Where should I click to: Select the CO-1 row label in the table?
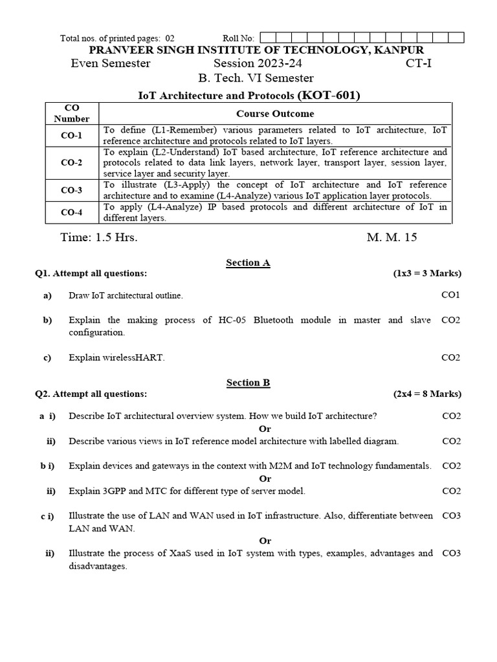71,135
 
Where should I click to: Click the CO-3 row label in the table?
71,190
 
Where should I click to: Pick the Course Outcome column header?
275,113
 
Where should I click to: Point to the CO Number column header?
71,113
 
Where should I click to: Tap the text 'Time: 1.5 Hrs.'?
98,237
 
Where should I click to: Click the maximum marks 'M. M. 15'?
392,237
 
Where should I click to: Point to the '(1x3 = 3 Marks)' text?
427,273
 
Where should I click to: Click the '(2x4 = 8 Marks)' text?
427,393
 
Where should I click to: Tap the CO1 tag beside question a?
450,295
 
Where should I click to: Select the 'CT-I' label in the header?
419,63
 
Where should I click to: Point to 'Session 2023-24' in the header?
258,63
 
